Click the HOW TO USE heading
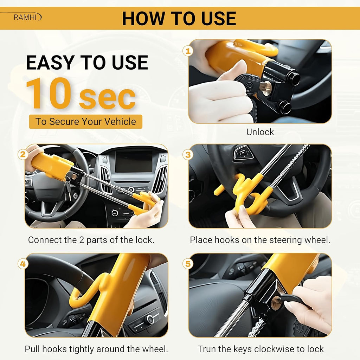[179, 18]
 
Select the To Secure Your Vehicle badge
[85, 122]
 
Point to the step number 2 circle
[23, 154]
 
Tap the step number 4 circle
[23, 264]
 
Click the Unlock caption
[260, 132]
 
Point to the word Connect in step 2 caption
[43, 240]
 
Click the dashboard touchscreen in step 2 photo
[134, 161]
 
